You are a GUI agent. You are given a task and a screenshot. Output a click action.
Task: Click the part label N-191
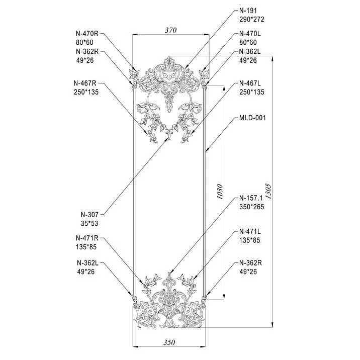pos(248,11)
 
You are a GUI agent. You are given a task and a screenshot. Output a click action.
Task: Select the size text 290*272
pos(251,19)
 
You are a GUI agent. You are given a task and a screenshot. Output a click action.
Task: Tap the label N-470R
pos(87,34)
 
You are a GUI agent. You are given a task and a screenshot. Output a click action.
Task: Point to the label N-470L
pos(250,34)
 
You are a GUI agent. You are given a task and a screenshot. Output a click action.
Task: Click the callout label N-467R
pos(85,83)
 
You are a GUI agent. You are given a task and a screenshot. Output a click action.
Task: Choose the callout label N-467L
pos(250,83)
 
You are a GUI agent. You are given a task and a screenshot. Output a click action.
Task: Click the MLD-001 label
pos(252,118)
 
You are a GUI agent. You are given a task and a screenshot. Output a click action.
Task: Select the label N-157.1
pos(251,198)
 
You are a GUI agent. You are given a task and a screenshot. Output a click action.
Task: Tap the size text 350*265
pos(251,207)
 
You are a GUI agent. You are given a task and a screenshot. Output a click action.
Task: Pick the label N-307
pos(89,215)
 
